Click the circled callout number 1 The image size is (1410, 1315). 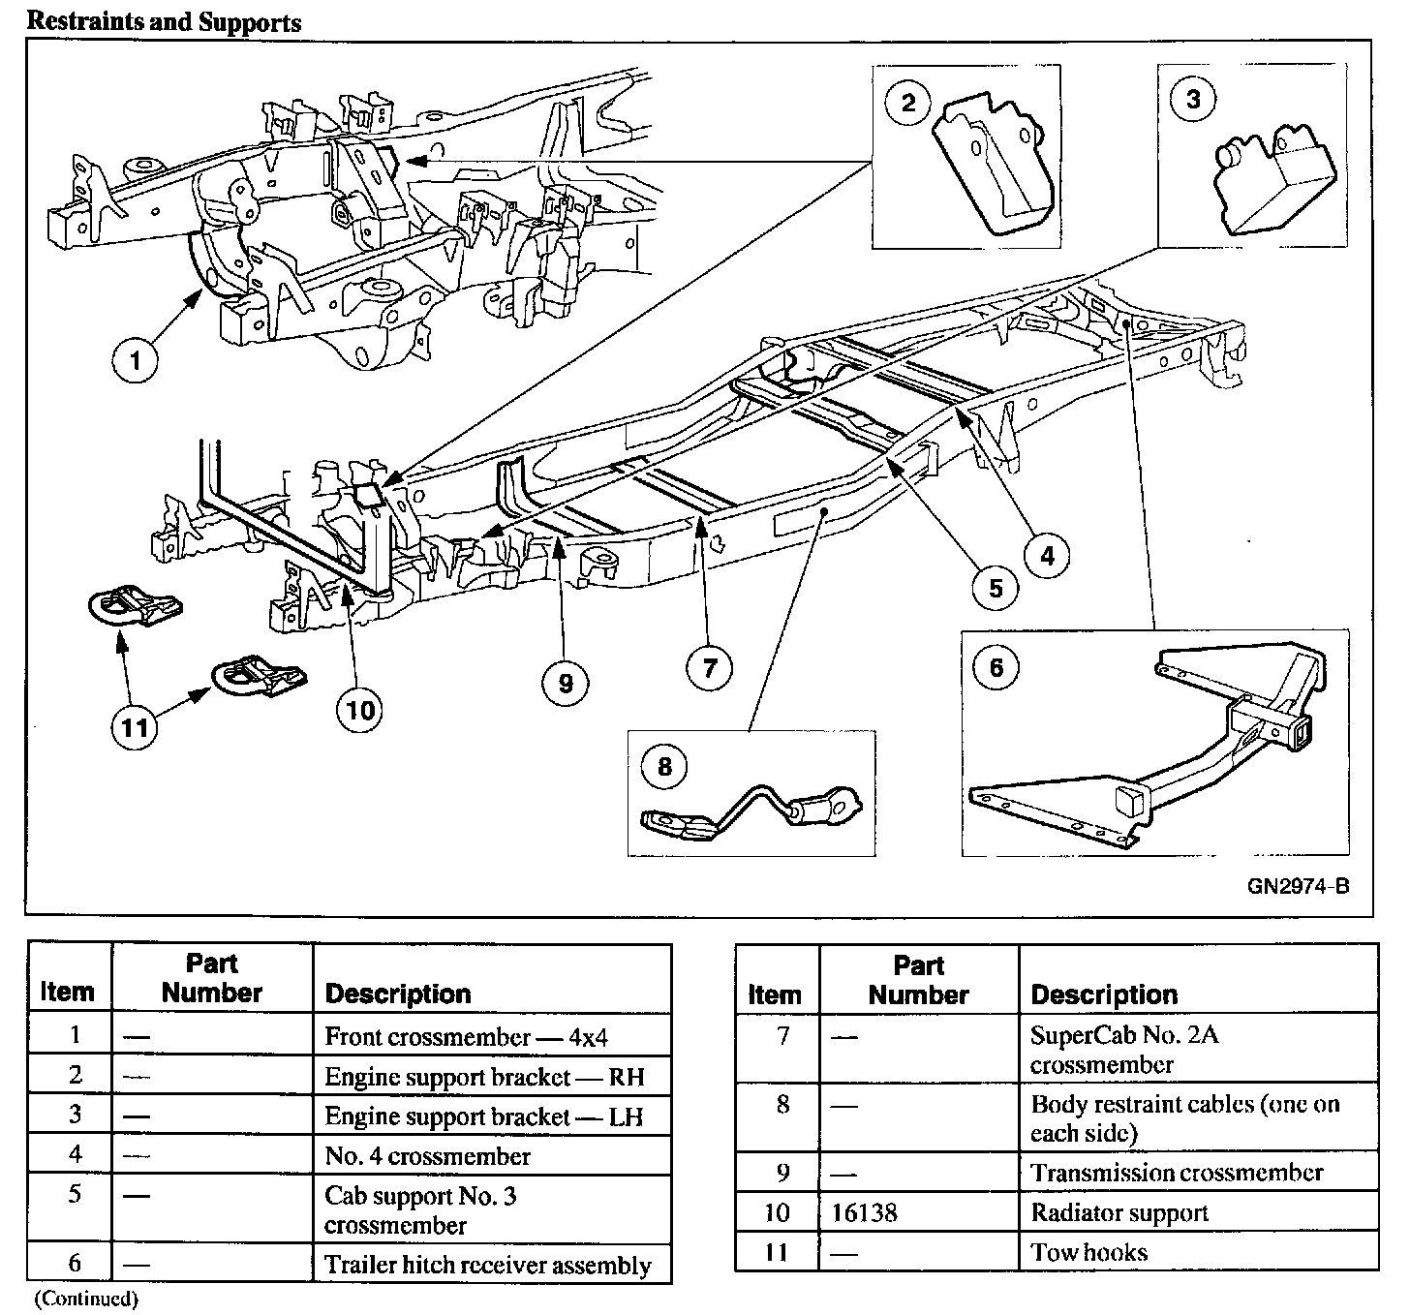pyautogui.click(x=135, y=362)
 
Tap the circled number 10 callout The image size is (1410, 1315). pyautogui.click(x=360, y=710)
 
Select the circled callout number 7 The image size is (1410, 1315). pyautogui.click(x=710, y=669)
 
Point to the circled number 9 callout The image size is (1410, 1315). pyautogui.click(x=566, y=684)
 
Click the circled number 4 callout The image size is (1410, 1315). pyautogui.click(x=1047, y=555)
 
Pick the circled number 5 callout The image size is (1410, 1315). pyautogui.click(x=996, y=588)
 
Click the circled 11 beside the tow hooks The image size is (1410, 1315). pyautogui.click(x=135, y=725)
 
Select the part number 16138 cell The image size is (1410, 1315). pyautogui.click(x=864, y=1213)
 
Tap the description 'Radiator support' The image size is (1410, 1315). pyautogui.click(x=1119, y=1213)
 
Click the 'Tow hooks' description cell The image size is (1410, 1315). pyautogui.click(x=1089, y=1253)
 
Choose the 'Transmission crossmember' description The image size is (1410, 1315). pyautogui.click(x=1177, y=1173)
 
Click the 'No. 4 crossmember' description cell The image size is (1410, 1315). pyautogui.click(x=427, y=1156)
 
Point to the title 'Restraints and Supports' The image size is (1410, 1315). pyautogui.click(x=164, y=21)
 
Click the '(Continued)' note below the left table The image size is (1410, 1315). pyautogui.click(x=86, y=1299)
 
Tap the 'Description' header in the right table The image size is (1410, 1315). pyautogui.click(x=1104, y=994)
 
